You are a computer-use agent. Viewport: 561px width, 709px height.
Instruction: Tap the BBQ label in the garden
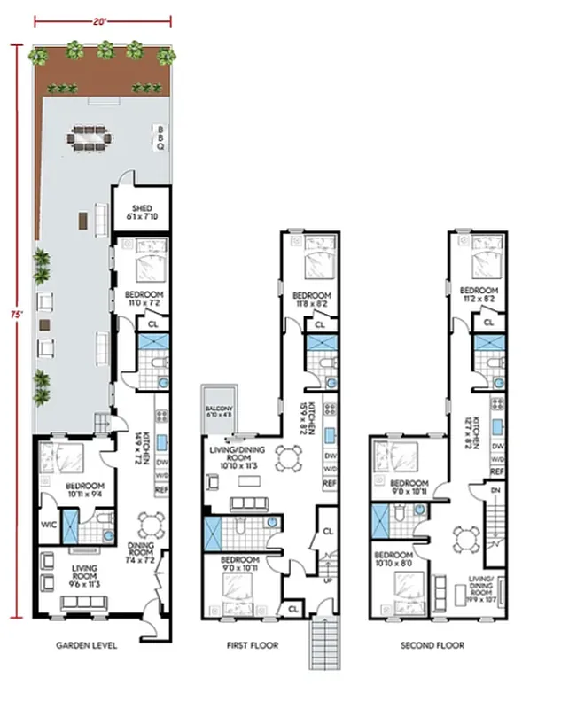[160, 138]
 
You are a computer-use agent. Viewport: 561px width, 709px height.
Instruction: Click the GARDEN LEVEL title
[87, 645]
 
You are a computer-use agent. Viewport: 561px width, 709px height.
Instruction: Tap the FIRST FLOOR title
[252, 645]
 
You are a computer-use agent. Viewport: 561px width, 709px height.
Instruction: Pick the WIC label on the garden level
[49, 524]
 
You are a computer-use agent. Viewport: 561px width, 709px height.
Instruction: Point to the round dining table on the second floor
[466, 537]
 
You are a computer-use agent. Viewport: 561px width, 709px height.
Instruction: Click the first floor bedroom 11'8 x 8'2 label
[311, 299]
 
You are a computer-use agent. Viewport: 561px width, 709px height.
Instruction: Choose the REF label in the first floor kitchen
[330, 483]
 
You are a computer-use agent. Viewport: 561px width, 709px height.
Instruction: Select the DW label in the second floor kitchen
[498, 447]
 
